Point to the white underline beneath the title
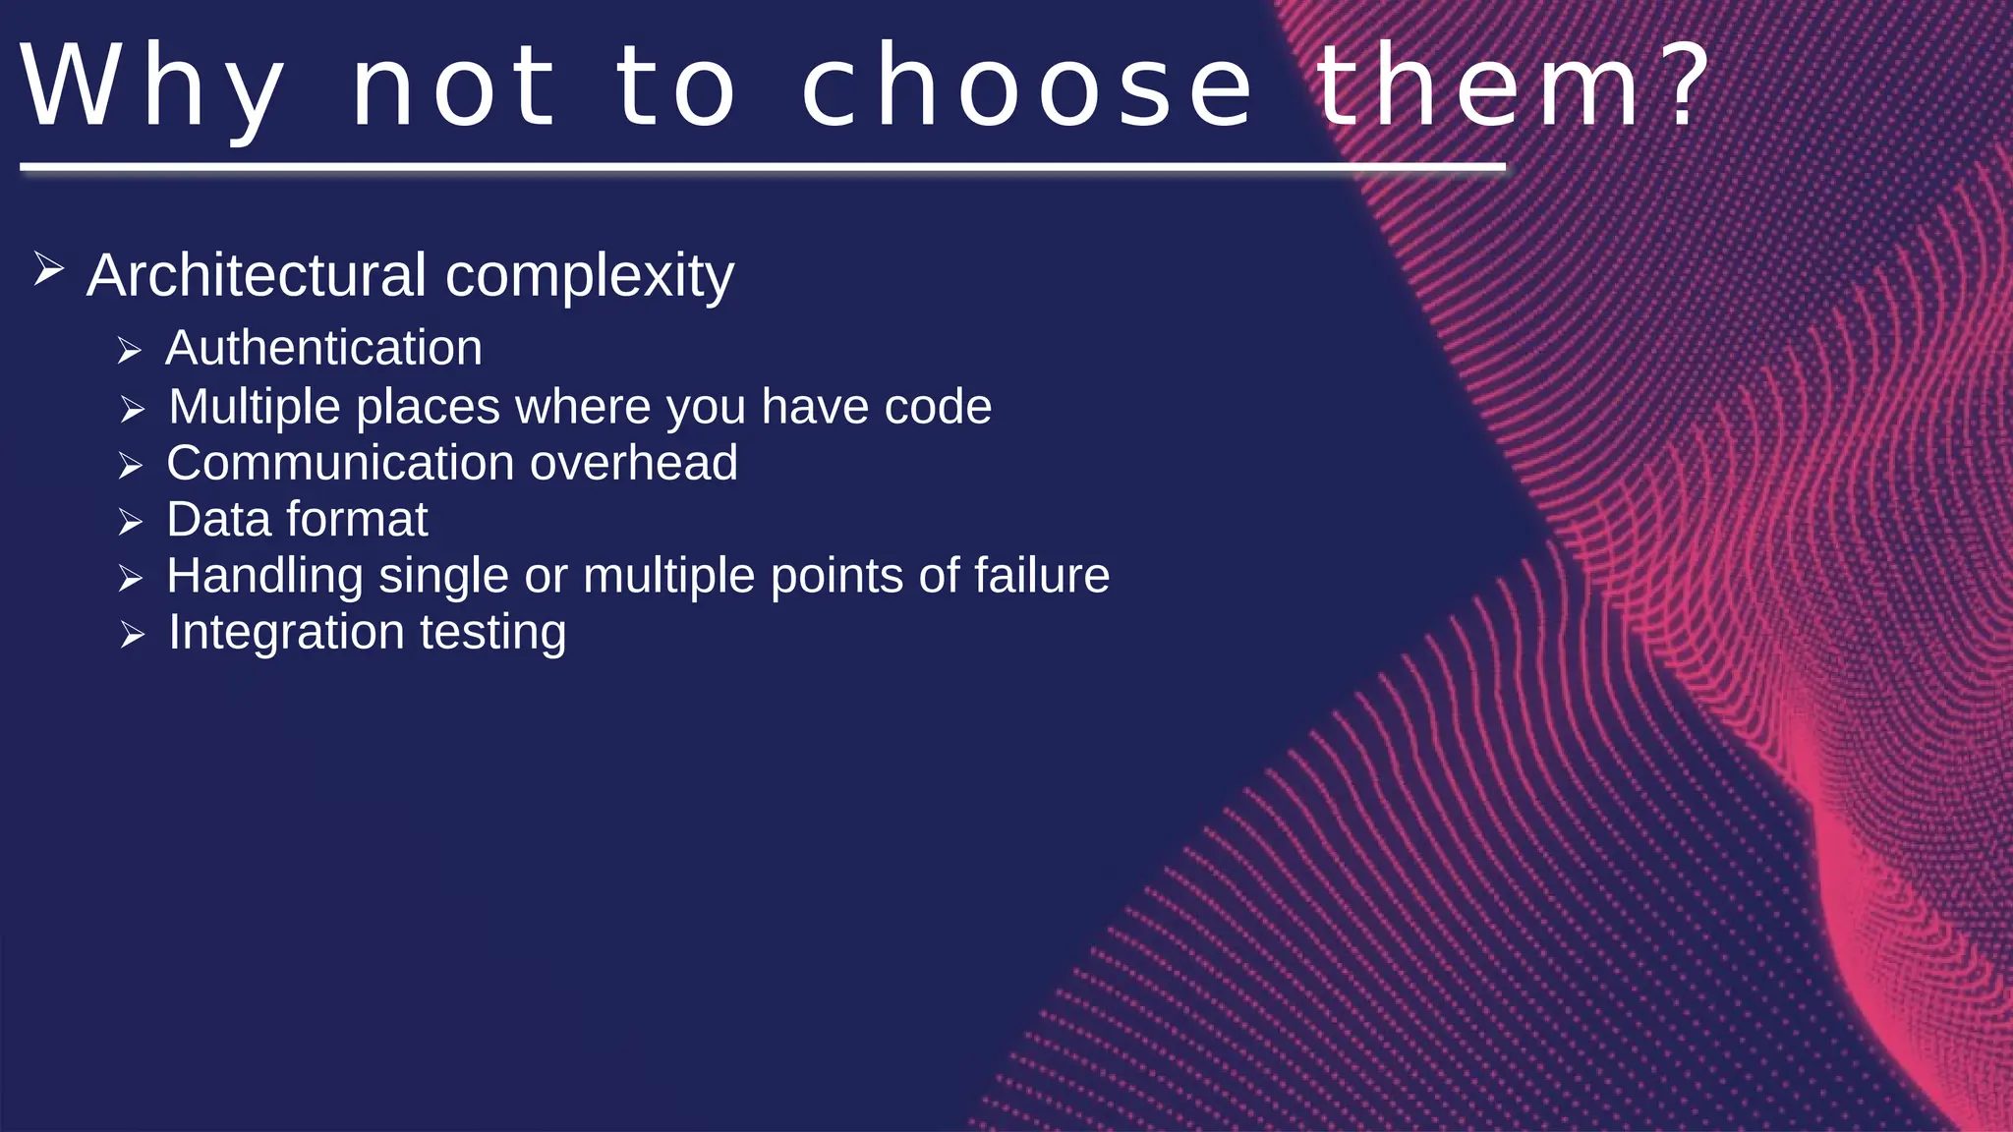[x=762, y=168]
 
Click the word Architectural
[x=257, y=275]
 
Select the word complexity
[x=589, y=277]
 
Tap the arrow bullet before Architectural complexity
[x=48, y=268]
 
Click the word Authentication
[x=323, y=348]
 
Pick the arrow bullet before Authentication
[x=130, y=351]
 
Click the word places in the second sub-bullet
[x=428, y=408]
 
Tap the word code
[x=938, y=407]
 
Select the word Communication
[x=340, y=463]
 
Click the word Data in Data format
[x=217, y=519]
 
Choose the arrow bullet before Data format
[x=130, y=522]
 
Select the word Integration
[x=286, y=632]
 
